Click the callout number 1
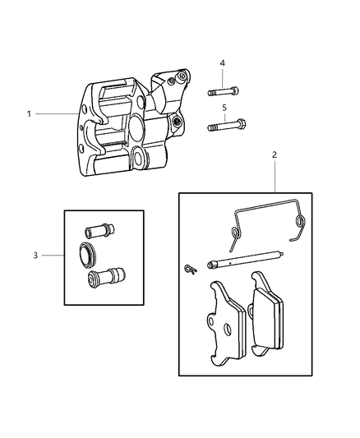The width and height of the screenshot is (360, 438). pos(29,113)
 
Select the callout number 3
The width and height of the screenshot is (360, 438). pos(35,256)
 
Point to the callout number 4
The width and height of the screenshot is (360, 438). pos(222,63)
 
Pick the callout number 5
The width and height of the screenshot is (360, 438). pos(222,107)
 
